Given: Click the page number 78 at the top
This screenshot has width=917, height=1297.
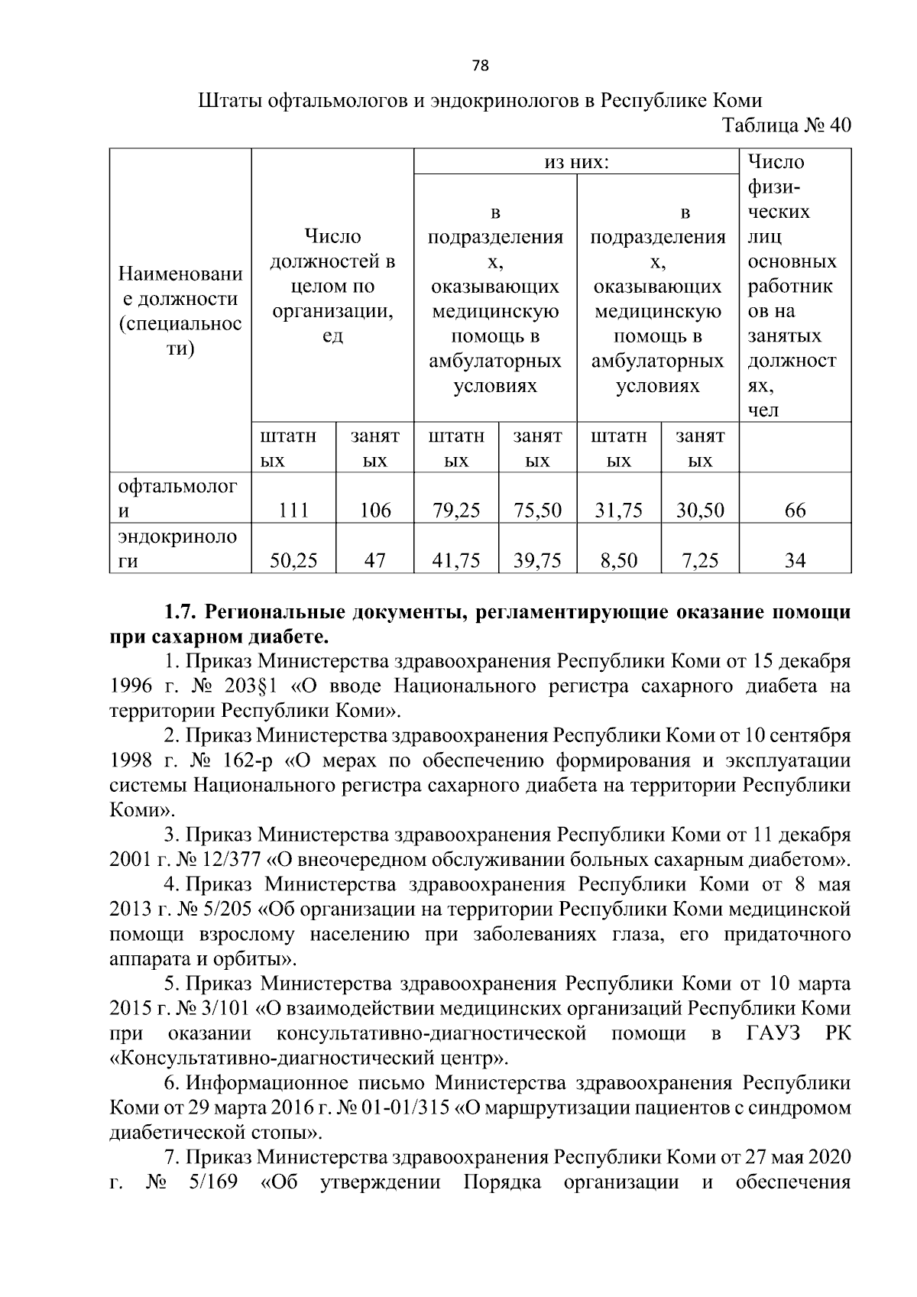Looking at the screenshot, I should tap(480, 66).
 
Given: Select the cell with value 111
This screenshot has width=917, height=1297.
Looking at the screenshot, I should tap(293, 511).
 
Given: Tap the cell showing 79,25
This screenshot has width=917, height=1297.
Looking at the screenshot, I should tap(455, 511).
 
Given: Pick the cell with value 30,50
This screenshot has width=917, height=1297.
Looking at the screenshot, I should tap(700, 511).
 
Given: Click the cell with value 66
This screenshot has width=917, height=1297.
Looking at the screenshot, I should tap(795, 511).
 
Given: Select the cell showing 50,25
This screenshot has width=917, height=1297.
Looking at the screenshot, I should tap(293, 561).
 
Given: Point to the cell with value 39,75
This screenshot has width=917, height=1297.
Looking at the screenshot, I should tap(537, 561).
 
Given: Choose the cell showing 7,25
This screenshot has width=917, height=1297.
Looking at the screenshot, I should tap(700, 561).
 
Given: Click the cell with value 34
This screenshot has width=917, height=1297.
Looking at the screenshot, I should tap(795, 561).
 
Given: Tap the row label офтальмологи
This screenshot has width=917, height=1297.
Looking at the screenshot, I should tap(177, 498).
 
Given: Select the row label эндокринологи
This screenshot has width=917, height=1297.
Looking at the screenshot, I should tap(177, 548).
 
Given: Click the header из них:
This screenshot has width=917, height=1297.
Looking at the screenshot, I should tap(576, 162).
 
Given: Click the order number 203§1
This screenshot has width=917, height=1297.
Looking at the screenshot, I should tap(258, 686).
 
